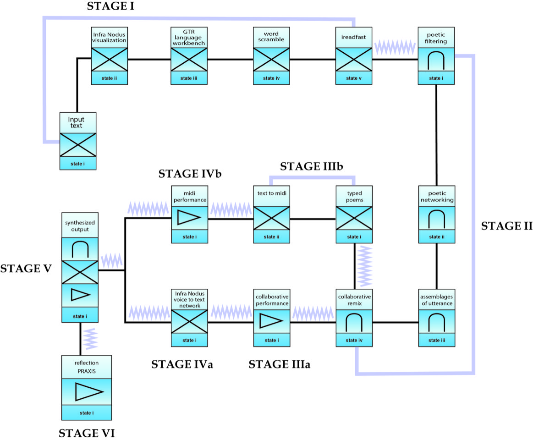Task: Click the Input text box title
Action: (78, 122)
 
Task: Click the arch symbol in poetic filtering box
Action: (436, 60)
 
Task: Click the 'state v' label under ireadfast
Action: (354, 78)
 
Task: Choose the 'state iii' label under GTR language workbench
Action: (189, 78)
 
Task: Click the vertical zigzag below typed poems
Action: (365, 265)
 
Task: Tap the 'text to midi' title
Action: (272, 193)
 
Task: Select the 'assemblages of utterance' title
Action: (436, 300)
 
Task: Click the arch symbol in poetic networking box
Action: (436, 219)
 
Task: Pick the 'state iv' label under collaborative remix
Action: (354, 340)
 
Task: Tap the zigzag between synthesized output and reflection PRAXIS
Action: (90, 339)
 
